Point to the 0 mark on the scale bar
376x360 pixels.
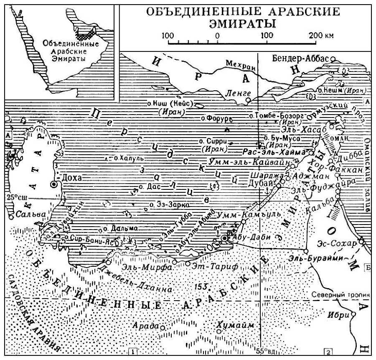point(217,35)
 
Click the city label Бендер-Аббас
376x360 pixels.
point(301,58)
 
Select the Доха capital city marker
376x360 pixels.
point(53,184)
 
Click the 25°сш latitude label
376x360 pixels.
point(15,197)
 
